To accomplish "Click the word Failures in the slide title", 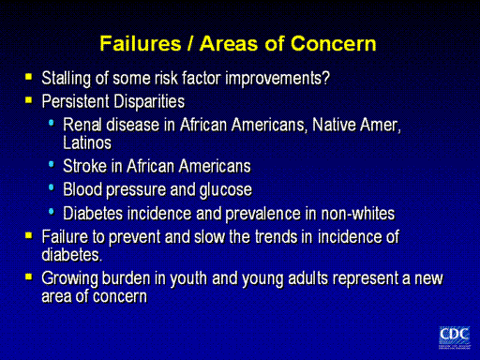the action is tap(141, 43).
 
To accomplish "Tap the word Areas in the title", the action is tap(230, 43).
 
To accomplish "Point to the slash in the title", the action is tap(190, 43).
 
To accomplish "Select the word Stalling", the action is tap(66, 78).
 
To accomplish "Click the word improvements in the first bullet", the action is tap(277, 78).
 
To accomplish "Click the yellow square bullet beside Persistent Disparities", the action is tap(29, 100).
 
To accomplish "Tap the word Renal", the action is tap(82, 125).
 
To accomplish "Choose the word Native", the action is tap(334, 125).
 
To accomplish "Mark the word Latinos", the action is tap(87, 142).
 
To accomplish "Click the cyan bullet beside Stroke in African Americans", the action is tap(52, 164).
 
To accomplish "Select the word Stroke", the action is tap(84, 166).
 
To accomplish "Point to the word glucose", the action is tap(226, 190).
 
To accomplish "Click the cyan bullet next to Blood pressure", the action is tap(52, 187).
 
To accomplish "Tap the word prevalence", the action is tap(262, 214).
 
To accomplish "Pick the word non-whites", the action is tap(358, 214).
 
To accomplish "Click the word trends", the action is tap(276, 236).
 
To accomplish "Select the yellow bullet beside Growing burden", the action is tap(29, 277).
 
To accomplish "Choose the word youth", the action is tap(188, 278).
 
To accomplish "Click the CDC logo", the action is tap(454, 337).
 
